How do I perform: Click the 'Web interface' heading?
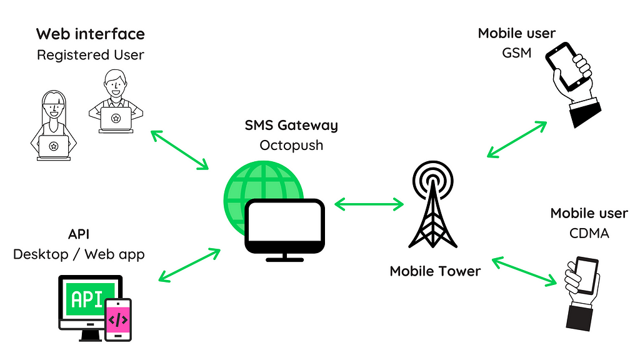[x=90, y=34]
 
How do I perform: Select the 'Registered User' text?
[x=90, y=55]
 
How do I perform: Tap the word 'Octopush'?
[x=291, y=145]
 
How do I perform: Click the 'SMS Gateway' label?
[x=291, y=125]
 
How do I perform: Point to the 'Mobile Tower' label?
[x=435, y=271]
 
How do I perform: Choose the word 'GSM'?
[x=516, y=53]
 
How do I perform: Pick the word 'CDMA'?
[x=589, y=233]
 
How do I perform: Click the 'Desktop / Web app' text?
[x=79, y=254]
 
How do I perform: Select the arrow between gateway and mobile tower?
[x=369, y=203]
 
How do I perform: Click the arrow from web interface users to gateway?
[x=179, y=149]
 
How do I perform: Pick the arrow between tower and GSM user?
[x=516, y=138]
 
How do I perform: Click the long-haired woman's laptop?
[x=54, y=147]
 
